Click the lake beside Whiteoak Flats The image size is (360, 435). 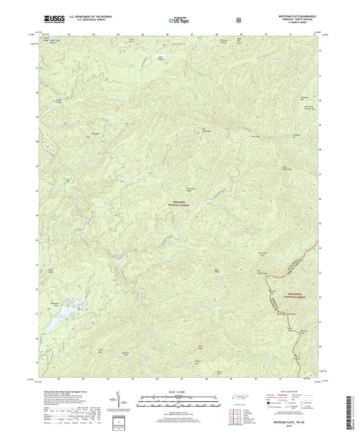[x=59, y=311]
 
